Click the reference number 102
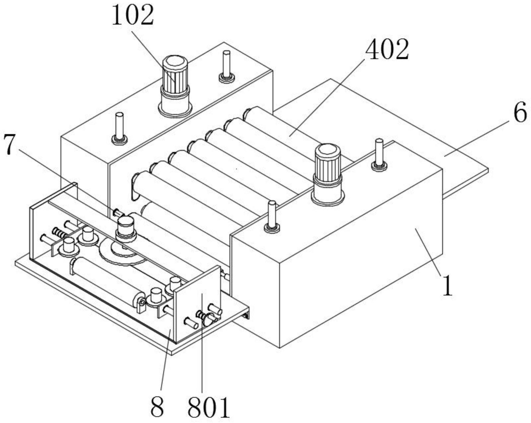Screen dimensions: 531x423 point(133,15)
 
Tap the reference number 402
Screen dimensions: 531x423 point(387,49)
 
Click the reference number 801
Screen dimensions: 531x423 point(209,407)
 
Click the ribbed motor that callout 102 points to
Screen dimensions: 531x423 point(175,86)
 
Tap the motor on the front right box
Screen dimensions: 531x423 point(328,174)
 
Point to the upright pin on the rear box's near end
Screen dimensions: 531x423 point(119,128)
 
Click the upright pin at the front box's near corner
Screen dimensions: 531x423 point(272,217)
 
